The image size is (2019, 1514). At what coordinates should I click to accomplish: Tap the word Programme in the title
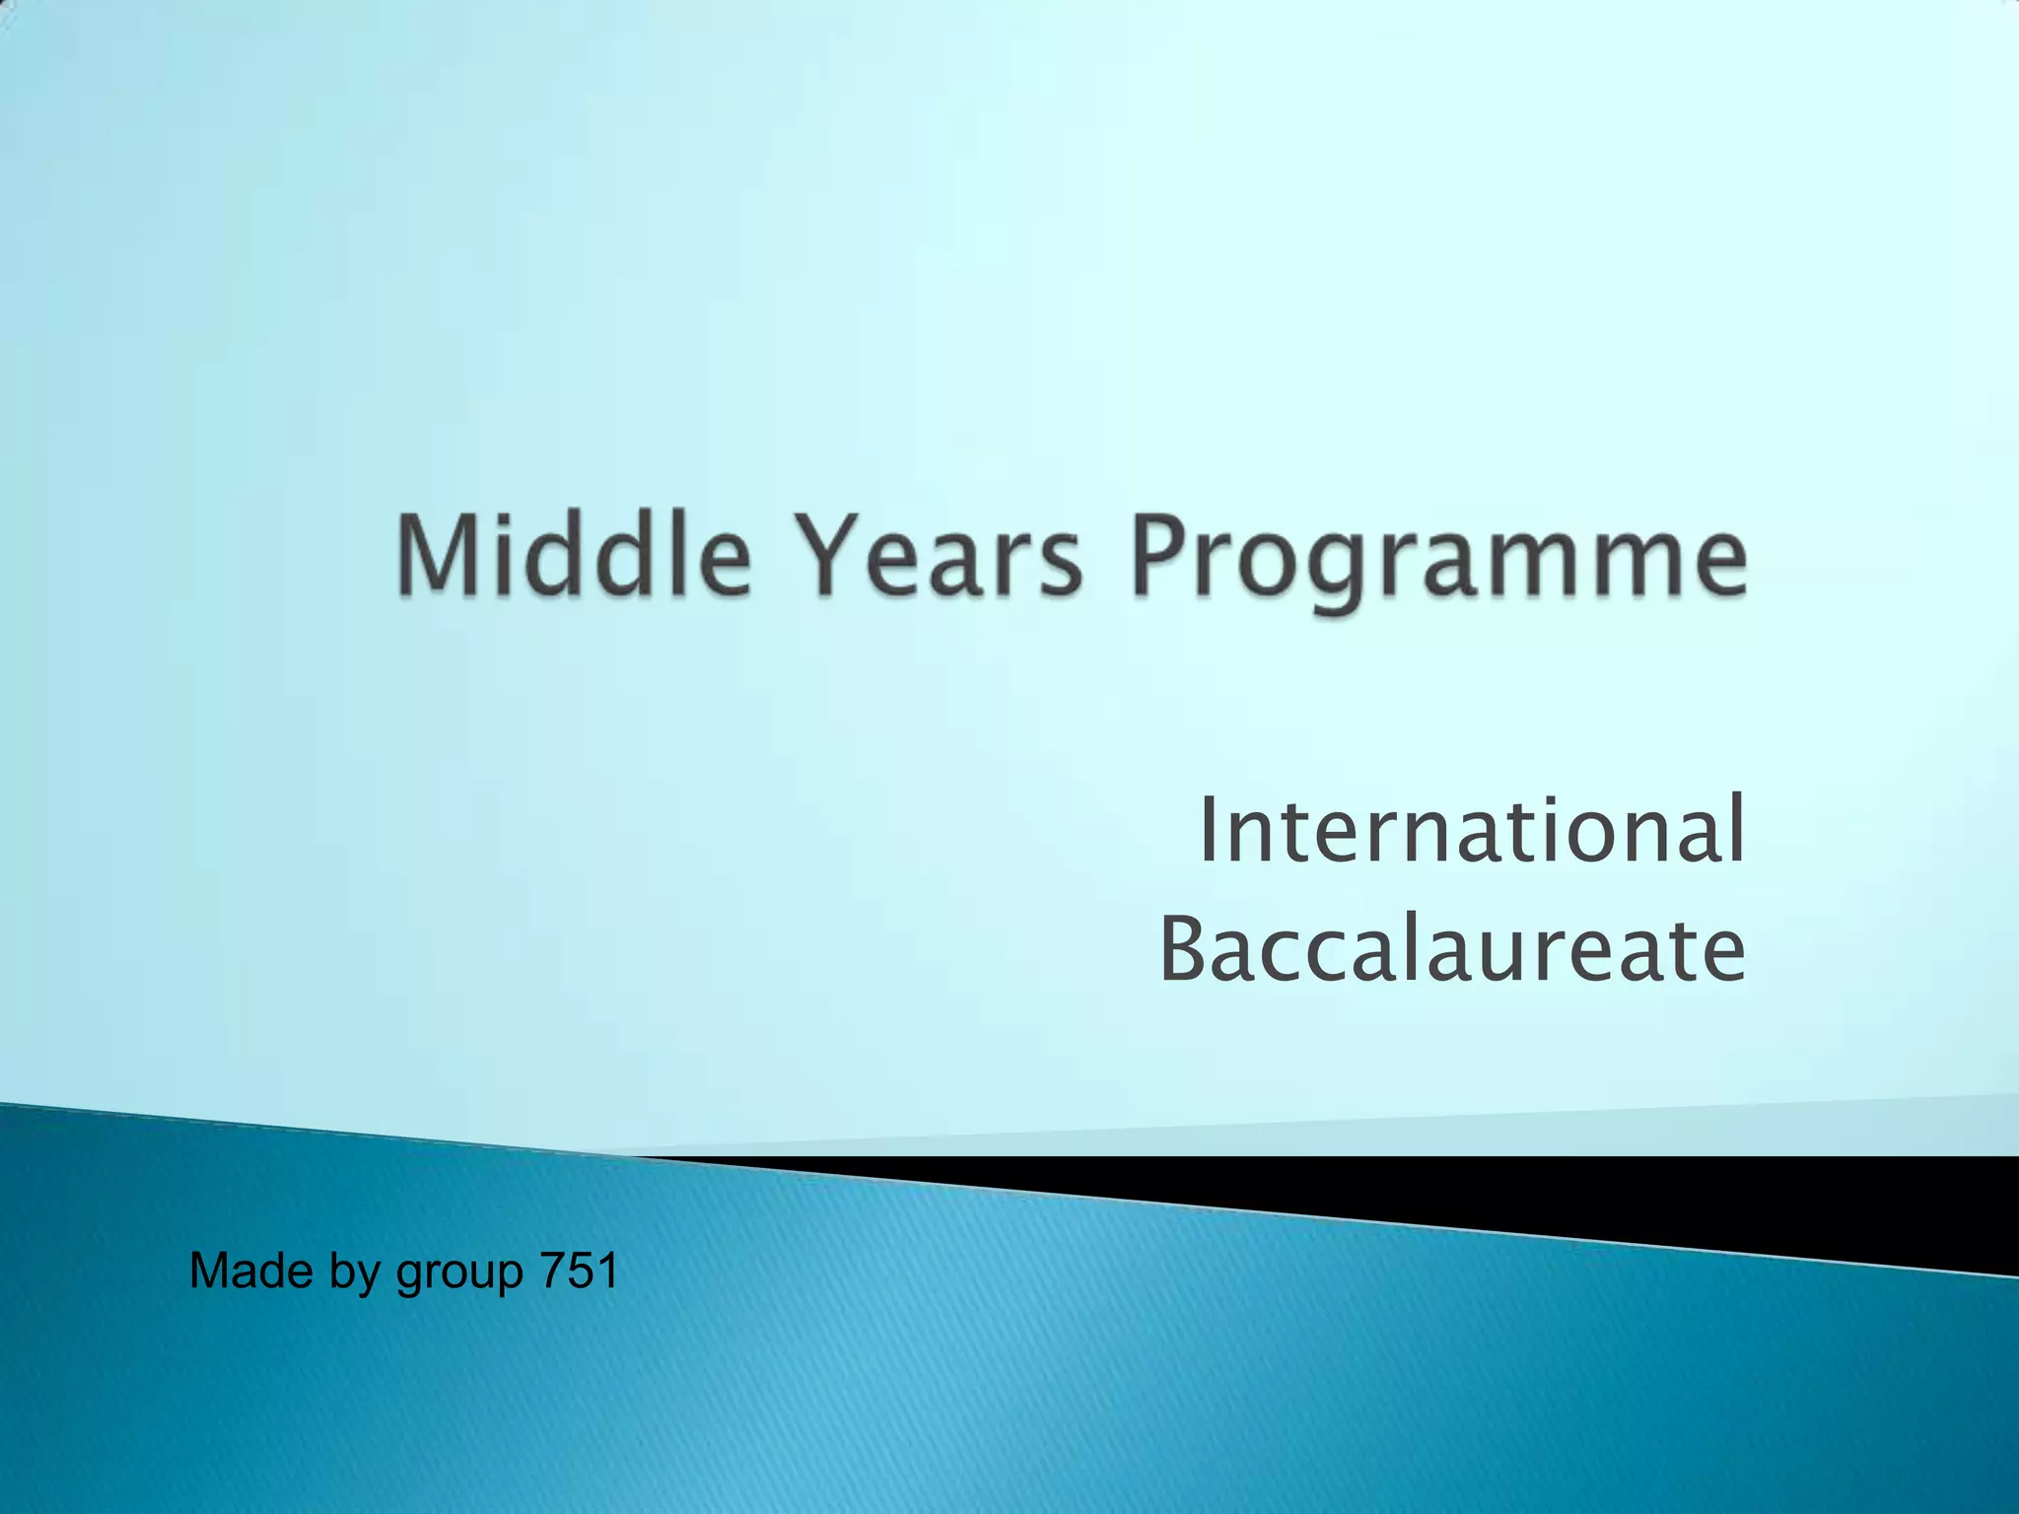[1439, 560]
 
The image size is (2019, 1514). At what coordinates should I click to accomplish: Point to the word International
[1472, 830]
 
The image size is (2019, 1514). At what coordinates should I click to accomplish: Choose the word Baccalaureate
[1452, 949]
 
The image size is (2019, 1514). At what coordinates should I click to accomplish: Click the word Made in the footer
[250, 1270]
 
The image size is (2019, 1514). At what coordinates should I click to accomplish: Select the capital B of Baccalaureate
[1185, 949]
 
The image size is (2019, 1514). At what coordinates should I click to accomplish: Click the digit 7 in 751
[552, 1270]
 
